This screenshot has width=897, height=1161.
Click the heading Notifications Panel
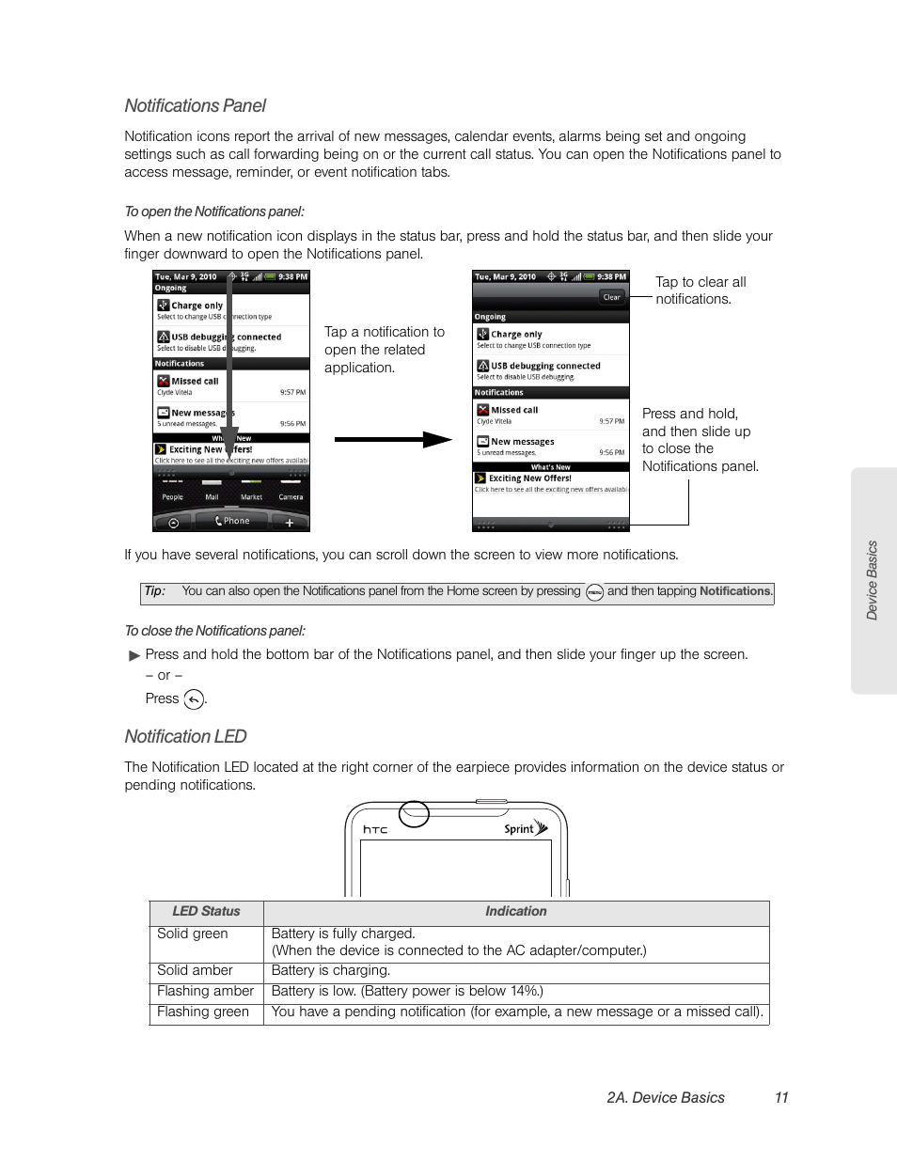click(x=196, y=106)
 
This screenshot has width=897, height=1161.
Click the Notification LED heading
click(x=185, y=737)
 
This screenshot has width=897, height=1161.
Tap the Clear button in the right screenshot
click(x=611, y=297)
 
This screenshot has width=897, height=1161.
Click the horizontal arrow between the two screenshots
click(x=392, y=439)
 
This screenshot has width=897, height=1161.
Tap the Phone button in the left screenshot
click(x=232, y=521)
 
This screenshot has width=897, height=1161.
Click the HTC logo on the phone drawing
click(x=375, y=829)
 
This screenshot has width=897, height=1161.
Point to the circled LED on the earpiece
click(x=414, y=813)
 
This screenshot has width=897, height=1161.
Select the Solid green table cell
click(x=193, y=934)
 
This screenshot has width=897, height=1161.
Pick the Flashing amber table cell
click(x=205, y=991)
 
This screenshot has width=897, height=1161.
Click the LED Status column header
click(x=206, y=911)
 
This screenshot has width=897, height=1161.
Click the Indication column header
click(x=515, y=911)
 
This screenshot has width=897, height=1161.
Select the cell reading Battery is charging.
click(x=330, y=970)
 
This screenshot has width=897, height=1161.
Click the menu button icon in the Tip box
click(x=594, y=592)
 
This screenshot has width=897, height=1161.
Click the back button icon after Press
click(x=194, y=699)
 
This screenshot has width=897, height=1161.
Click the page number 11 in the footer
click(x=780, y=1097)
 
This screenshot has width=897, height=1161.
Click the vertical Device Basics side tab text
click(x=872, y=580)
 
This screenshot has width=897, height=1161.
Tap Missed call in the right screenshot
click(x=514, y=410)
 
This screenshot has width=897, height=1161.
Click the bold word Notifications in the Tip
click(x=734, y=591)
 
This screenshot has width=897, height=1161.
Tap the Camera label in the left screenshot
click(x=291, y=496)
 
